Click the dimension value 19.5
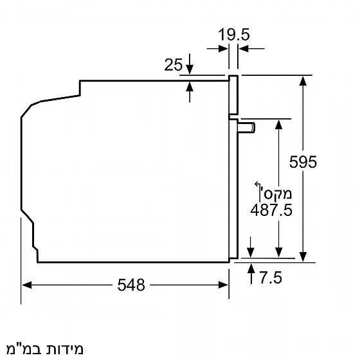[233, 35]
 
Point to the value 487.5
[270, 210]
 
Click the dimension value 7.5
[271, 278]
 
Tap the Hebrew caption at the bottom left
[43, 349]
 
